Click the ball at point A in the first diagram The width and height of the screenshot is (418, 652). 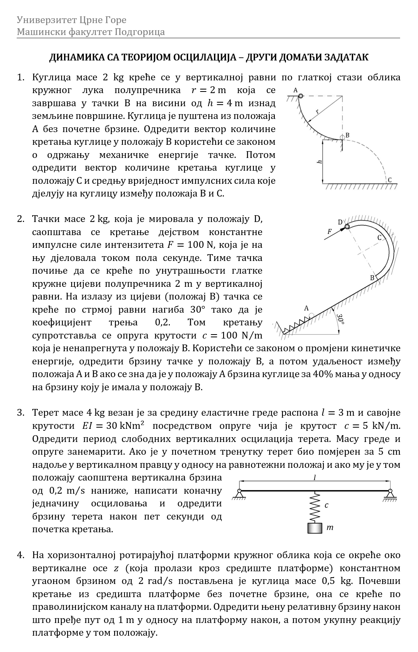click(x=301, y=95)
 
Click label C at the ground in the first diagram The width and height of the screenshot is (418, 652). click(x=390, y=180)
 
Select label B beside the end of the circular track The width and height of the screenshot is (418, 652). click(x=347, y=135)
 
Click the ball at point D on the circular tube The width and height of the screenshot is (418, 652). click(x=347, y=226)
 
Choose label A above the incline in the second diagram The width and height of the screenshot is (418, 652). click(x=306, y=308)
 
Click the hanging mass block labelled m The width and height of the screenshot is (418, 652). click(x=315, y=528)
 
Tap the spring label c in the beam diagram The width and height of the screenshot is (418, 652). click(x=326, y=506)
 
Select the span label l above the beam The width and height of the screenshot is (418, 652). click(x=315, y=478)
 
